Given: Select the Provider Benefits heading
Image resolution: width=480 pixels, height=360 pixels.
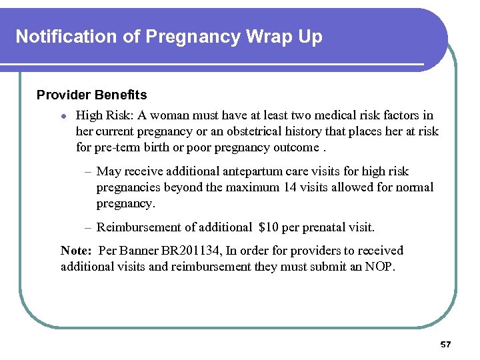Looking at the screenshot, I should (91, 95).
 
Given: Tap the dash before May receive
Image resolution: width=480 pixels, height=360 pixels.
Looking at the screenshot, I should (88, 172).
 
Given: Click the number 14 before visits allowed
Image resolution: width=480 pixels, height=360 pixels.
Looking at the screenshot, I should (290, 187).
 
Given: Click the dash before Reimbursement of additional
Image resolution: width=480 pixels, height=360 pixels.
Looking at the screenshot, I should (88, 228).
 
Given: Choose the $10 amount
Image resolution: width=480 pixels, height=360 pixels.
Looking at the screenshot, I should (269, 227).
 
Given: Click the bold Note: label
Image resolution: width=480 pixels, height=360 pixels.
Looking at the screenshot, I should (76, 251).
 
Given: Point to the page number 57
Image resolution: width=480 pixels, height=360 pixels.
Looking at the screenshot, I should (445, 345).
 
